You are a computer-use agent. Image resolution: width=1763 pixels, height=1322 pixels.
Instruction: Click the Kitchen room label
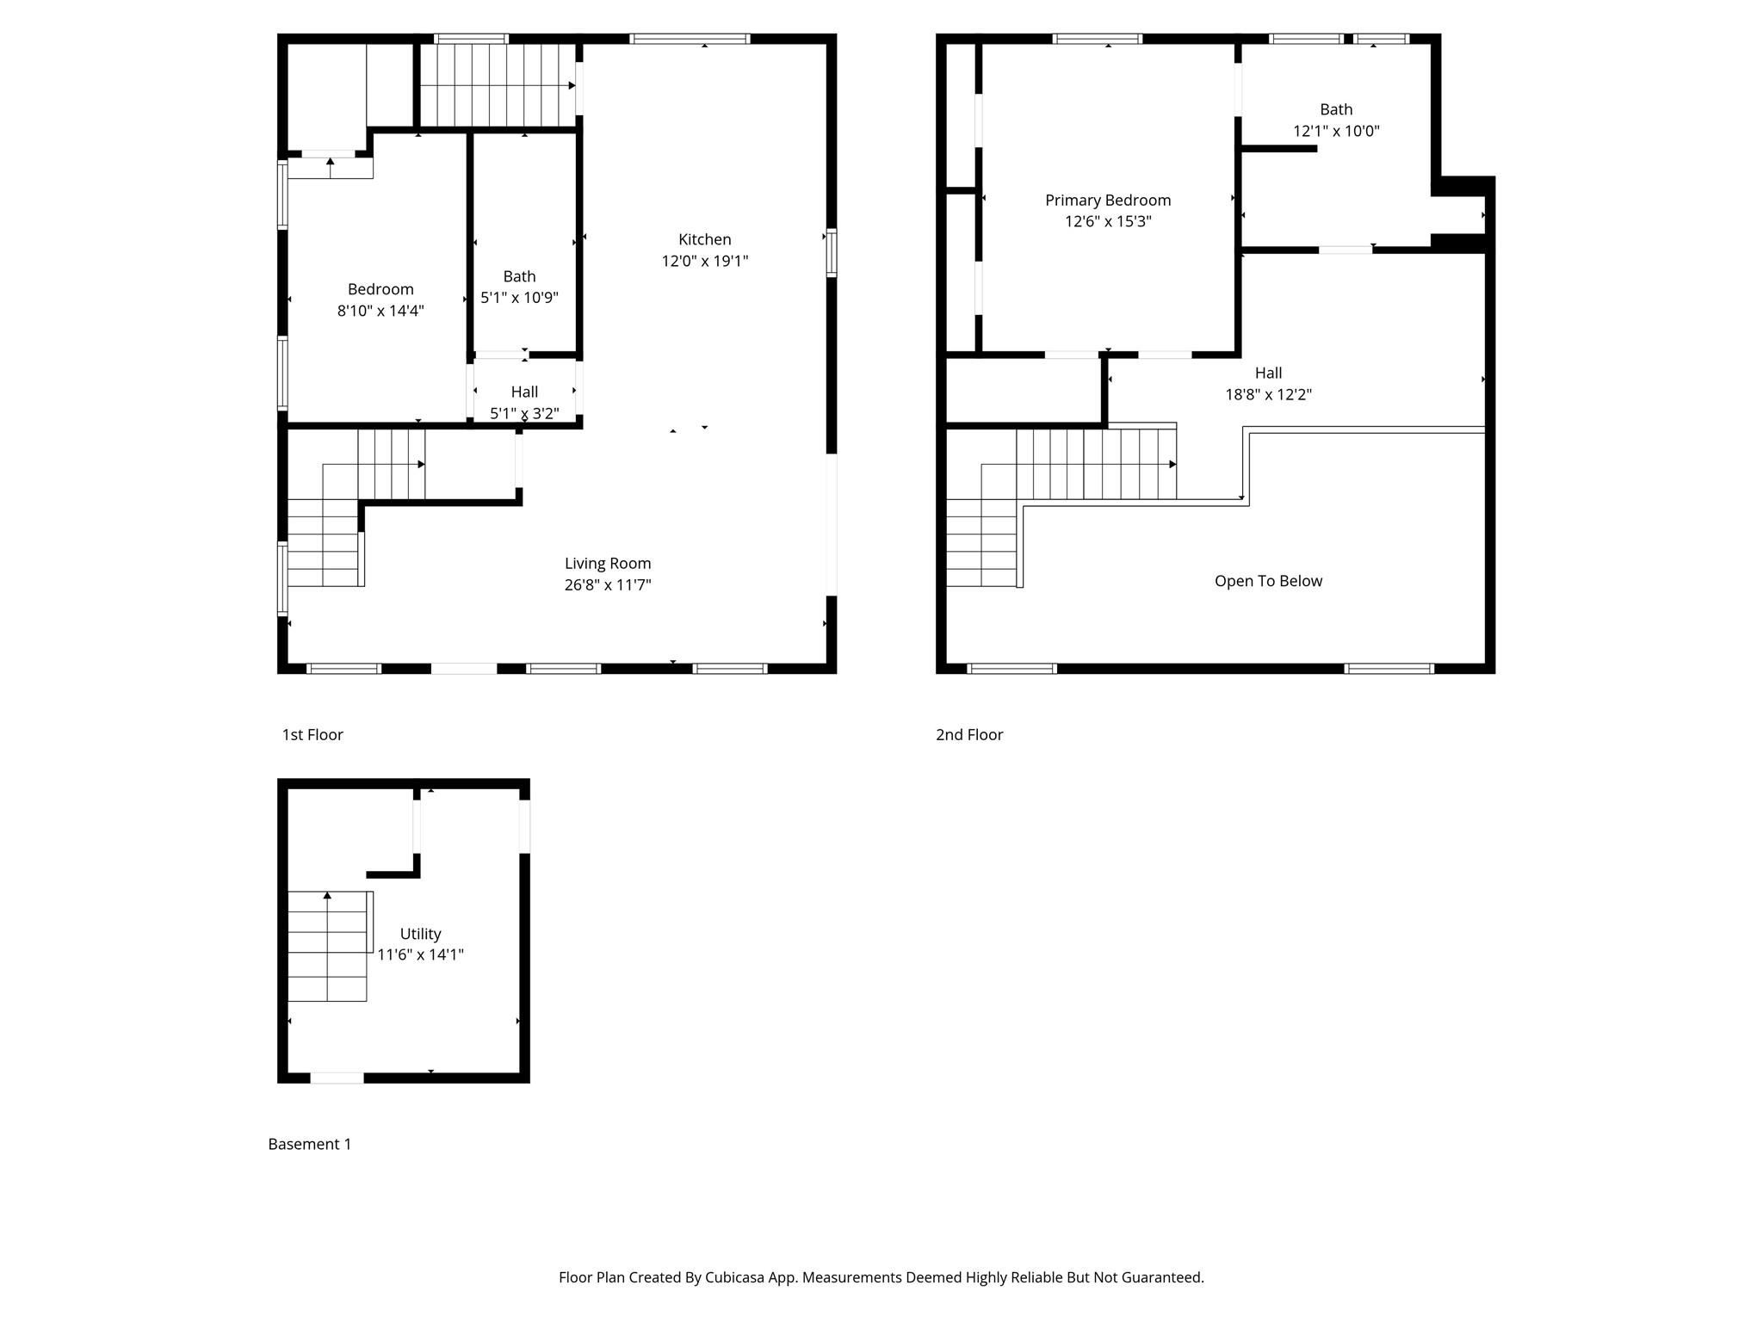click(x=704, y=239)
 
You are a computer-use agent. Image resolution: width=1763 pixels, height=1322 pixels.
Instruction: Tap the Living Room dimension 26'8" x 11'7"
click(x=608, y=585)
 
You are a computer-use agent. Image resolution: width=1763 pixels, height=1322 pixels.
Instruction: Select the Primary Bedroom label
click(x=1108, y=201)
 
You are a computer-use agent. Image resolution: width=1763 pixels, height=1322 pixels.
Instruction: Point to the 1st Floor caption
click(x=312, y=734)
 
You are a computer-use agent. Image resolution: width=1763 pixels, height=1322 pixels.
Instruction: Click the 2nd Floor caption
click(x=969, y=734)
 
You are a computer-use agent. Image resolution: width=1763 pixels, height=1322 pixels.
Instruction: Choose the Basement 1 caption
click(x=310, y=1144)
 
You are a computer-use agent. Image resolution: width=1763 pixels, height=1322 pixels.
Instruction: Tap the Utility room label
click(x=420, y=934)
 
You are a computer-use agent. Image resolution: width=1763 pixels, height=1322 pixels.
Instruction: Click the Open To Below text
click(x=1268, y=581)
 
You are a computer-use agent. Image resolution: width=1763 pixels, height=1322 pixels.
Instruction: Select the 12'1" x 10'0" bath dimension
click(x=1336, y=131)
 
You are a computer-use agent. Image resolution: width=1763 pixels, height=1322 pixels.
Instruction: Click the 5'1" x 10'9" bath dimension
click(x=519, y=298)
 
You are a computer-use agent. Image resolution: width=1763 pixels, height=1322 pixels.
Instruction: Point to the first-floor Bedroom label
click(x=380, y=289)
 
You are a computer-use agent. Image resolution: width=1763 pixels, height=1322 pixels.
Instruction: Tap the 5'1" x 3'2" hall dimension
click(x=524, y=413)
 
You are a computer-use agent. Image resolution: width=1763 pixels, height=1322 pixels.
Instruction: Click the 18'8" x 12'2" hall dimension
click(x=1268, y=394)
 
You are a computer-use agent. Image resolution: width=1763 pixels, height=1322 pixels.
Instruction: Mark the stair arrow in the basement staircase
click(x=327, y=896)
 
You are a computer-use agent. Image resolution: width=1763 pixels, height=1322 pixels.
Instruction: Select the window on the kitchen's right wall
click(x=832, y=252)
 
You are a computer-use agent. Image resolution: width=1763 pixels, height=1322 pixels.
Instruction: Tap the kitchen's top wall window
click(x=690, y=39)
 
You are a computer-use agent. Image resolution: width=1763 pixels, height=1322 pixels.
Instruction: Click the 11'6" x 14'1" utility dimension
click(x=420, y=954)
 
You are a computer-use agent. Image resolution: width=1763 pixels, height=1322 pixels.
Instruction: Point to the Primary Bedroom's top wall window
click(x=1098, y=39)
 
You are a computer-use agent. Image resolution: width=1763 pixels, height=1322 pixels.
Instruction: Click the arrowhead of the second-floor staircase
click(x=1172, y=465)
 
